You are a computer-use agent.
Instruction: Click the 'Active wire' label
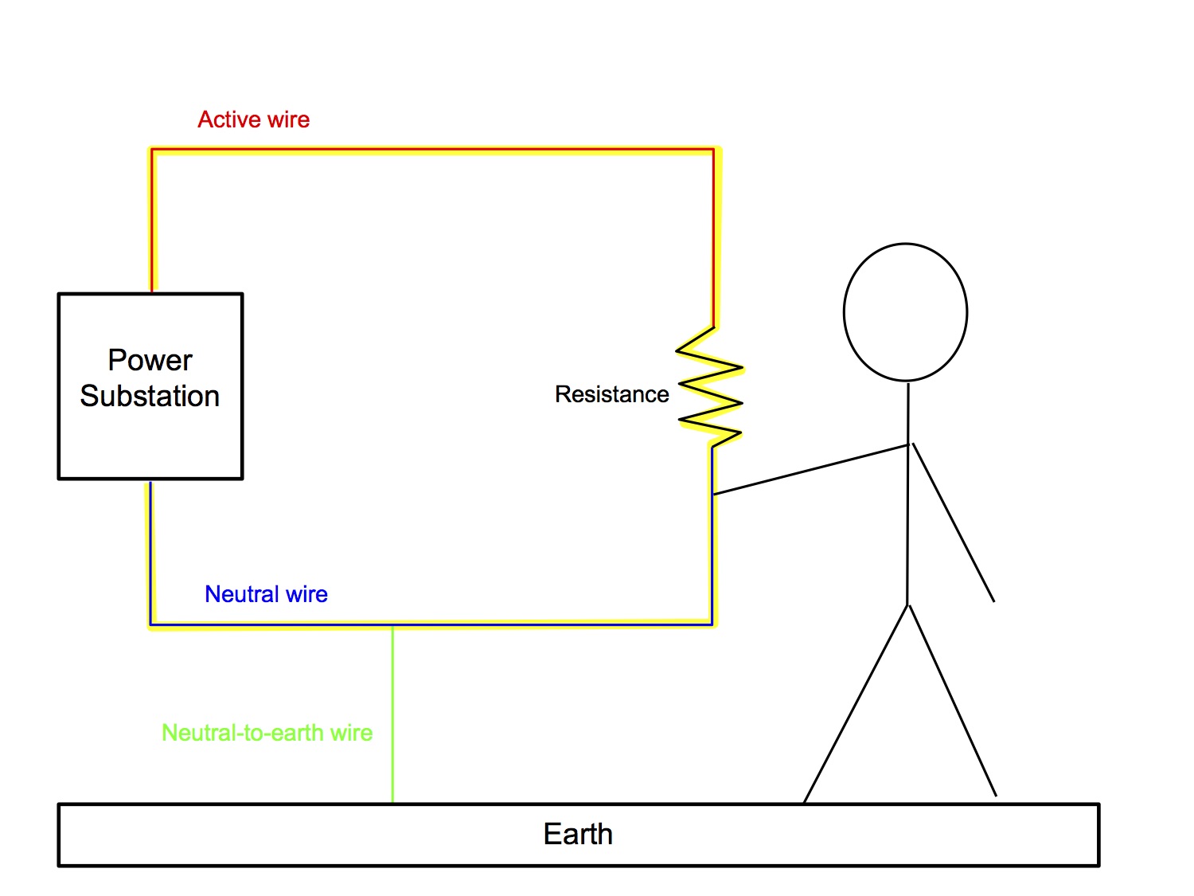click(x=253, y=119)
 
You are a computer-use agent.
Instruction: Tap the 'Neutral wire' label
click(x=266, y=594)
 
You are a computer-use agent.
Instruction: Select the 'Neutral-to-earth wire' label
click(x=267, y=733)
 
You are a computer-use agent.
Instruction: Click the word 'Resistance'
click(x=611, y=394)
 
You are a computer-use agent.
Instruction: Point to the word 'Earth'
click(x=578, y=834)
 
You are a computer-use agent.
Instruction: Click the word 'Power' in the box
click(x=150, y=360)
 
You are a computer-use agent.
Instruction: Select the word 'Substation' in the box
click(x=150, y=396)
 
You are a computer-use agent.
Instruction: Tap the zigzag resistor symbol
click(x=709, y=387)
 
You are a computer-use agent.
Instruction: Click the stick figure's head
click(x=905, y=312)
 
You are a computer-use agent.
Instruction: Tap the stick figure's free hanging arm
click(x=953, y=522)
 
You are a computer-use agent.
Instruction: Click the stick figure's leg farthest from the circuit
click(x=952, y=701)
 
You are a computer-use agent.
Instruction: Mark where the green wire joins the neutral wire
click(x=392, y=624)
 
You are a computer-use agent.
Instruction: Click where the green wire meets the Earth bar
click(x=392, y=803)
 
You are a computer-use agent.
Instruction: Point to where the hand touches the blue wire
click(x=713, y=495)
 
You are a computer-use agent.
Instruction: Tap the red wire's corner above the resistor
click(x=713, y=150)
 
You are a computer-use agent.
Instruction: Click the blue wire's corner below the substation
click(x=150, y=624)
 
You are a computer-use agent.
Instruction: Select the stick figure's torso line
click(x=907, y=494)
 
